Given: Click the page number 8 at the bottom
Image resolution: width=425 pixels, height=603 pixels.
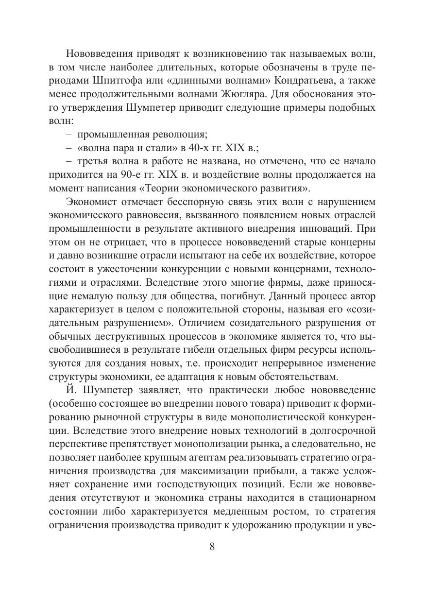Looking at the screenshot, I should tap(212, 546).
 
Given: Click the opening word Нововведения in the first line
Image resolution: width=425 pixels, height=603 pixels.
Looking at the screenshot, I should tap(103, 53).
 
